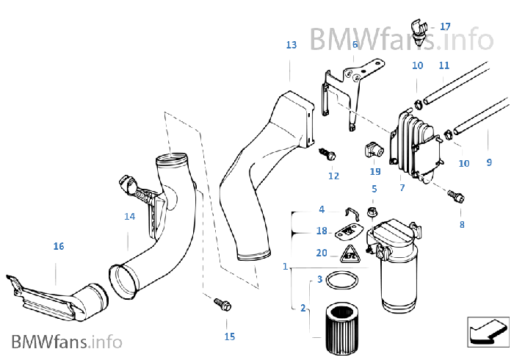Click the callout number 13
[x=291, y=45]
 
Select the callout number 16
[x=59, y=246]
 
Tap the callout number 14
[x=129, y=217]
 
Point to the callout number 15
[x=229, y=336]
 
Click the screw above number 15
[x=222, y=304]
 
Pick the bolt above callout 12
[x=327, y=154]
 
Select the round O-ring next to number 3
[x=342, y=281]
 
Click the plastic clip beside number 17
[x=419, y=33]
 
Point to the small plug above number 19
[x=374, y=150]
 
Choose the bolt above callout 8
[x=456, y=196]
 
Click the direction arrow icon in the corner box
[x=488, y=333]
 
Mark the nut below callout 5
[x=372, y=212]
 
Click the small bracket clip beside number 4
[x=352, y=213]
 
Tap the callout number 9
[x=489, y=162]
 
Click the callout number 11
[x=444, y=65]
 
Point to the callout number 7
[x=402, y=188]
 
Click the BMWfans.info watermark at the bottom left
[x=67, y=342]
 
